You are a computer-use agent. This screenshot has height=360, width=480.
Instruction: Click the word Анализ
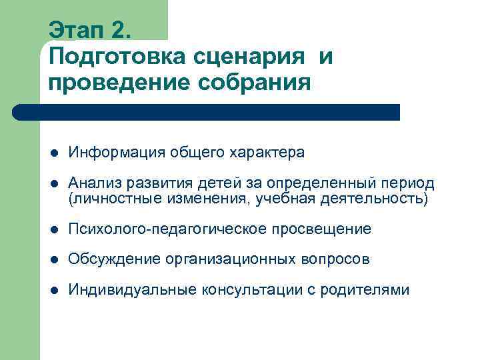tap(92, 183)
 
